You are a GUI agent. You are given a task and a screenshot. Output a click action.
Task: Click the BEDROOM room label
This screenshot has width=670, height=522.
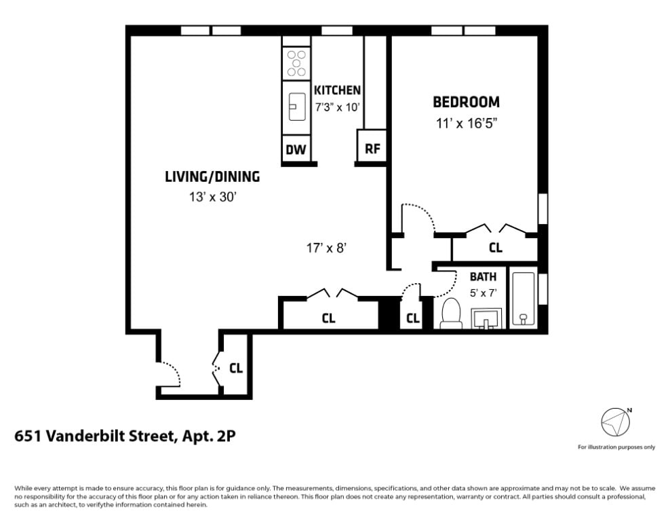point(466,102)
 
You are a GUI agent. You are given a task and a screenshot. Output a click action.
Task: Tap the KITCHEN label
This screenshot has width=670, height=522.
point(337,90)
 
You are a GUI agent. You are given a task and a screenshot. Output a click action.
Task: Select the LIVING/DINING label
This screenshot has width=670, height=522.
point(212,176)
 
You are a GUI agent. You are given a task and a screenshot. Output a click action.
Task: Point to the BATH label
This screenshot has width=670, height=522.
point(484,277)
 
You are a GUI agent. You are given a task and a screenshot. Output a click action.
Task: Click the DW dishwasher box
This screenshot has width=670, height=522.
point(296,149)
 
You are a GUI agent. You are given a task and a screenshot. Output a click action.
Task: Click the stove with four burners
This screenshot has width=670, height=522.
point(296,63)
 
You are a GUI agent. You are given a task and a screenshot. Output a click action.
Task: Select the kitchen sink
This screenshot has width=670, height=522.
point(297,107)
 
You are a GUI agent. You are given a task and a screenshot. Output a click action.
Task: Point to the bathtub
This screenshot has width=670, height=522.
point(523,298)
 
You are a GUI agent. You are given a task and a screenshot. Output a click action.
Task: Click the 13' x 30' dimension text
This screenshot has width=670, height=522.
point(213,198)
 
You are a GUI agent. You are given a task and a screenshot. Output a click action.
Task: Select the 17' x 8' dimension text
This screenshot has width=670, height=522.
point(326,248)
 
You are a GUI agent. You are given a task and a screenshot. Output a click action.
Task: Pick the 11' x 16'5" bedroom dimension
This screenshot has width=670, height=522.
point(467,124)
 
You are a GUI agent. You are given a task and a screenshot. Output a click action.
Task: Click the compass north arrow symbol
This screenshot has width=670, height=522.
point(616,422)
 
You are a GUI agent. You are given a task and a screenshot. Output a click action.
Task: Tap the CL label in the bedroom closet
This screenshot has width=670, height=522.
point(495,248)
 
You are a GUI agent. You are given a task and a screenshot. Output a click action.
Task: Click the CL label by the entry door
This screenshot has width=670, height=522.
point(236,368)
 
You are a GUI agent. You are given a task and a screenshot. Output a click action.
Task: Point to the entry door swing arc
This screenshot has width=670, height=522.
point(172,371)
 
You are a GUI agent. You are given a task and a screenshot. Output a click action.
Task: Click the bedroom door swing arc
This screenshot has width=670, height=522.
point(422,214)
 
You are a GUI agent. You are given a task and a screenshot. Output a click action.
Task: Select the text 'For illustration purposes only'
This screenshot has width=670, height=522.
point(616,447)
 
